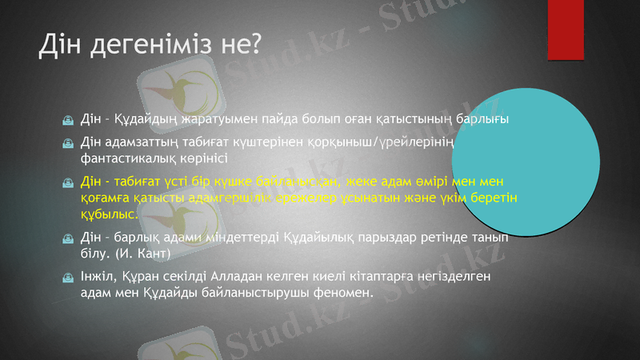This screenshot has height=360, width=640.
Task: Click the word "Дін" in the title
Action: coord(59,47)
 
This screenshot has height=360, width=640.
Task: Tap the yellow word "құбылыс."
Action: coord(109,214)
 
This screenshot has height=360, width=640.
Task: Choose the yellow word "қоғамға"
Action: coord(106,198)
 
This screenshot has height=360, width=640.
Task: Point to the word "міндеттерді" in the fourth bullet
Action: coord(242,238)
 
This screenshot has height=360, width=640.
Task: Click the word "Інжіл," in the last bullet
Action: coord(101,277)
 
